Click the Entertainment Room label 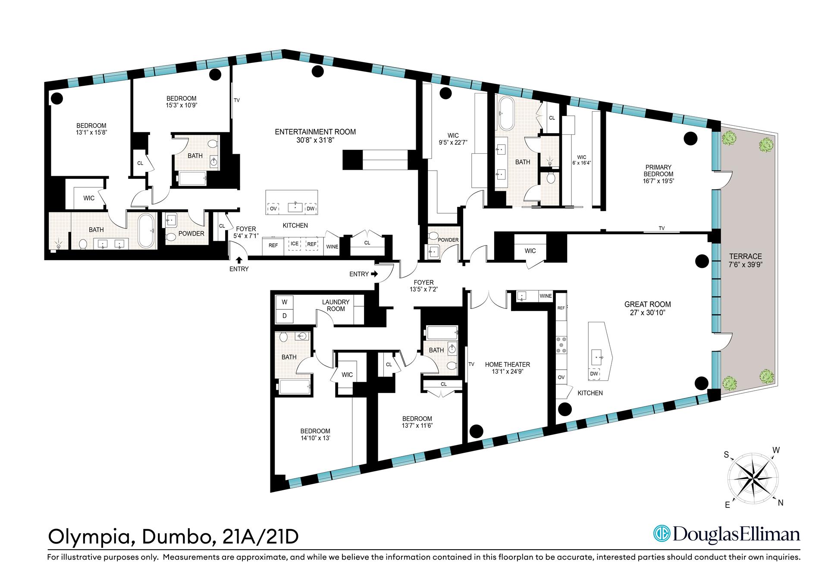[315, 132]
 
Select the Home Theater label [507, 364]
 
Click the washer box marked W [285, 302]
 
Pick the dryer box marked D [285, 316]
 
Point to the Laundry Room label [336, 305]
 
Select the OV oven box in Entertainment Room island [273, 208]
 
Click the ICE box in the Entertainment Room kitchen [295, 244]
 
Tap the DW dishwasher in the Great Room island [594, 374]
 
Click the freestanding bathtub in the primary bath [505, 113]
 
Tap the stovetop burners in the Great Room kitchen [561, 345]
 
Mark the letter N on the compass [780, 502]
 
